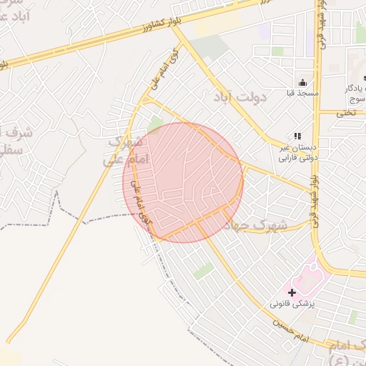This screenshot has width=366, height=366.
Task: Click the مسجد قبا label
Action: coord(302,94)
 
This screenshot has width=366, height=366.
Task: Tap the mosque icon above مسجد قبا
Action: coord(302,82)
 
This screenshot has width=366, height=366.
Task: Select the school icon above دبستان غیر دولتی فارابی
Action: coord(297,136)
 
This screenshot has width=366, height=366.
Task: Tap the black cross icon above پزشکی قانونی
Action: coord(292,292)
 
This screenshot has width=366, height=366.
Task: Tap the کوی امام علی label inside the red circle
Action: coord(141,204)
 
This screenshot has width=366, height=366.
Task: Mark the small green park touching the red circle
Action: coord(154,126)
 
